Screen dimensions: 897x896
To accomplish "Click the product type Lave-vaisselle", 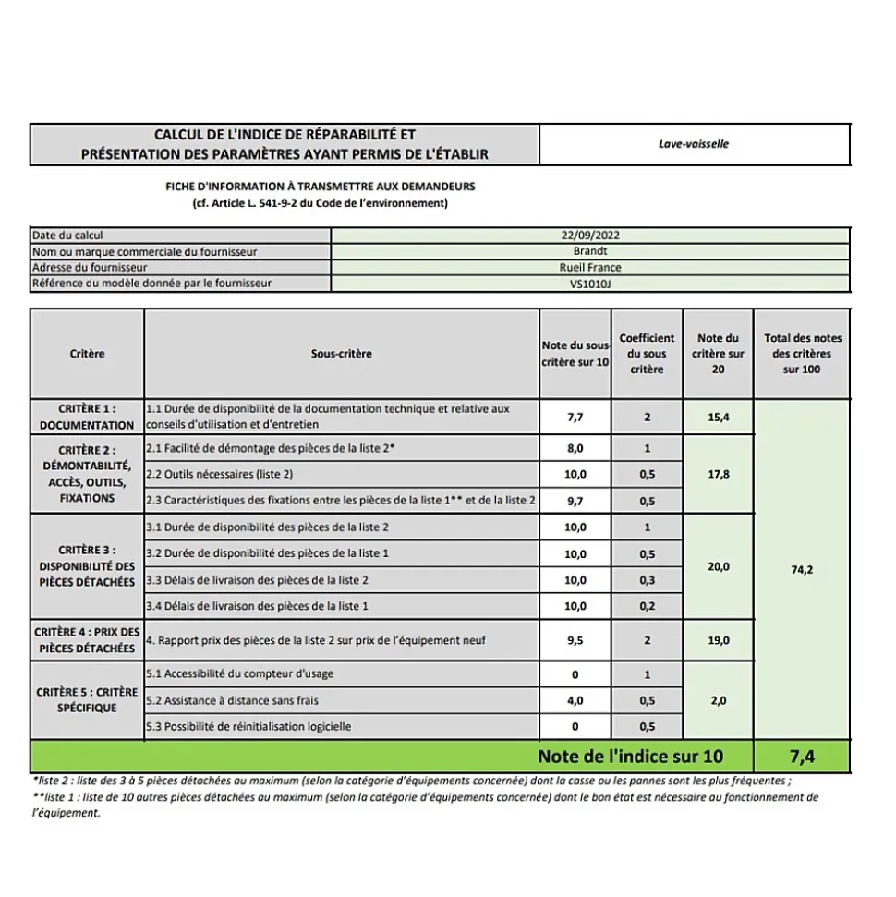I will tap(694, 144).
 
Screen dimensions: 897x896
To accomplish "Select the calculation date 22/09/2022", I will tap(590, 236).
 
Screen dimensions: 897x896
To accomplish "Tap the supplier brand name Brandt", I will tap(590, 251).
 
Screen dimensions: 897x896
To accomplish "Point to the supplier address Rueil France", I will tap(590, 268).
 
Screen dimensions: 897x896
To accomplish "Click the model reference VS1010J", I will tap(590, 285).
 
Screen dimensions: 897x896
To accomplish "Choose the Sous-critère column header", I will tap(341, 354).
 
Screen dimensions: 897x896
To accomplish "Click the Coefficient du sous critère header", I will tap(647, 354).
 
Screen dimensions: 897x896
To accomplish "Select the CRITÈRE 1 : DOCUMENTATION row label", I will tap(87, 417).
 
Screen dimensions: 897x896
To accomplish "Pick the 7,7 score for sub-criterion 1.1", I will tap(575, 418).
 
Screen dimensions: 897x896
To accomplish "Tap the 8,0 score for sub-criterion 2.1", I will tap(575, 449).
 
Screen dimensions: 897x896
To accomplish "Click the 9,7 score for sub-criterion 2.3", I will tap(575, 502).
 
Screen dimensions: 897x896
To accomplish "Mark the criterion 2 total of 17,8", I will tap(718, 475).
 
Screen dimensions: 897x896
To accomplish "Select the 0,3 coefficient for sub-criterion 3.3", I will tap(647, 580).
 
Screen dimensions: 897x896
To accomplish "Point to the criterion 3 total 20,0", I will tap(718, 566).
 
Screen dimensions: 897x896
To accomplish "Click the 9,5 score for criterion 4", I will tap(575, 640).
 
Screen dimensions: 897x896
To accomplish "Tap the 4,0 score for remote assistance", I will tap(575, 701).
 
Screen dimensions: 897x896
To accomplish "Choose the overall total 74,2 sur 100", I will tap(802, 570).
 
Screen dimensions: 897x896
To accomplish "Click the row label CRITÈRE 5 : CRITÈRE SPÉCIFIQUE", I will tap(87, 700).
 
